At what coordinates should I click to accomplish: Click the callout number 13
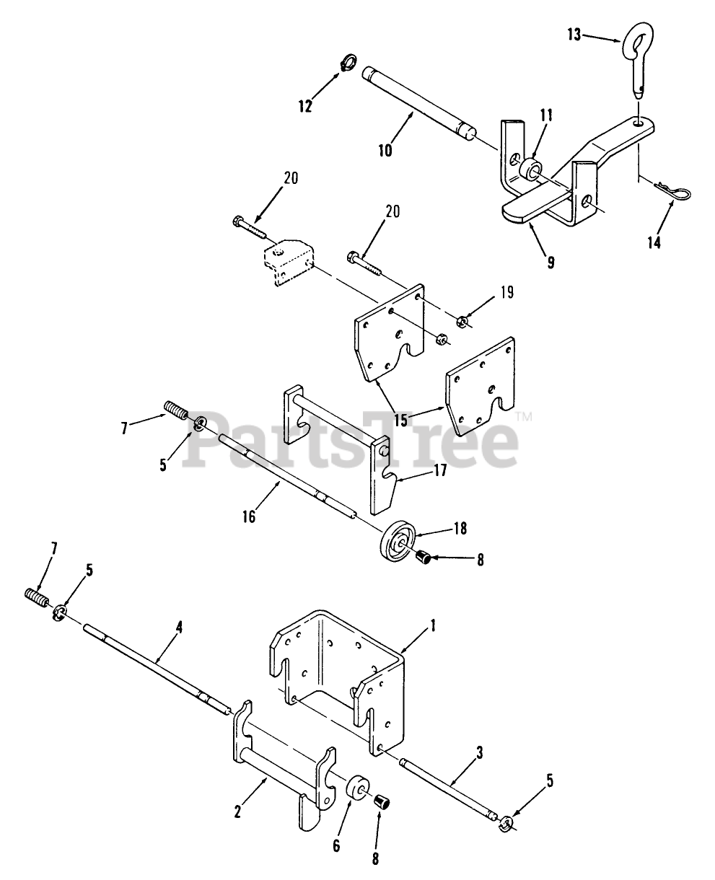pyautogui.click(x=574, y=34)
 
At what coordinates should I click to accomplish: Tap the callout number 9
pyautogui.click(x=550, y=263)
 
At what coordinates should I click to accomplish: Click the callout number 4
pyautogui.click(x=179, y=628)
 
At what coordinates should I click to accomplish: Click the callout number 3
pyautogui.click(x=481, y=752)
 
